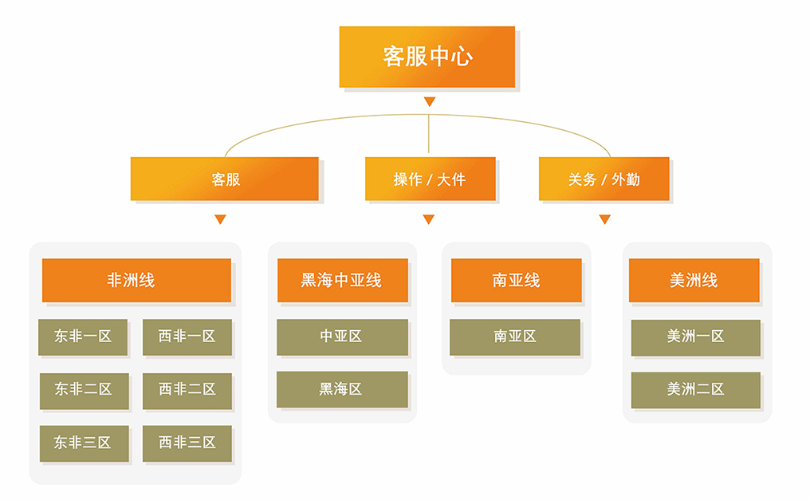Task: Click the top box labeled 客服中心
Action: [427, 57]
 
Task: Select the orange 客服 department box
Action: [224, 179]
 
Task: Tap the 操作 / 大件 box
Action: [431, 179]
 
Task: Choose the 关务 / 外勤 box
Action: [604, 179]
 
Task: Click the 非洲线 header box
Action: [136, 281]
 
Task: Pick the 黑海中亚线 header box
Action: [343, 281]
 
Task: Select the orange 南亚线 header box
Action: [516, 281]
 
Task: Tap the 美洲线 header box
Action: [694, 281]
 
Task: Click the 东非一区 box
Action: [83, 337]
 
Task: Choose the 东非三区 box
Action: [84, 443]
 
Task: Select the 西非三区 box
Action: [187, 443]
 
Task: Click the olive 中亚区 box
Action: [342, 337]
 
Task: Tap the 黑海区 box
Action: [342, 389]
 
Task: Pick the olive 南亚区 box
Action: [515, 337]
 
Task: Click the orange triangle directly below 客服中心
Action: [429, 101]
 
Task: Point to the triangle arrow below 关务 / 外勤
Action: [605, 219]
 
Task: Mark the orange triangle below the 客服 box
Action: [220, 219]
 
